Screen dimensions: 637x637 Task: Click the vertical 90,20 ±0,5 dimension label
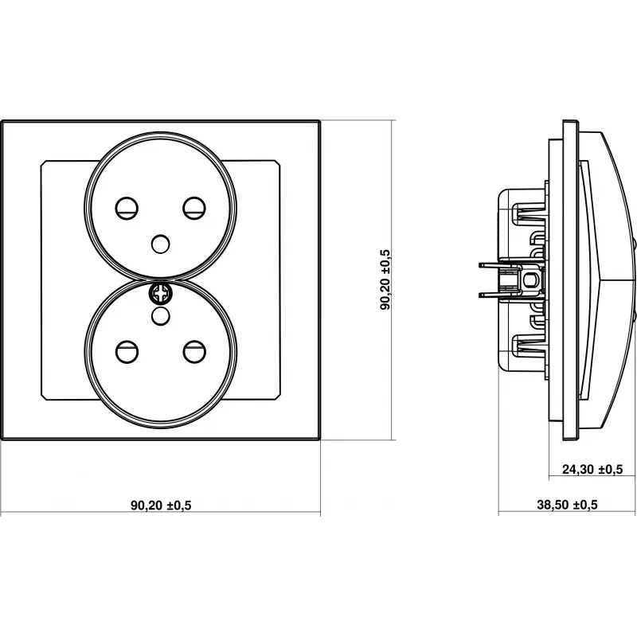385,279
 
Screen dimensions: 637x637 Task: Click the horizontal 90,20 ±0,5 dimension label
162,505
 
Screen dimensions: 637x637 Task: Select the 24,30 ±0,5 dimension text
592,470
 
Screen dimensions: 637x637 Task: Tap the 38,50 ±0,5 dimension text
567,505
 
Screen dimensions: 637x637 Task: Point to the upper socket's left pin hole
126,209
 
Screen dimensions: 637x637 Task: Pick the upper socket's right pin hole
193,209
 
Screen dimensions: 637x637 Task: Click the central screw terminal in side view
526,279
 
